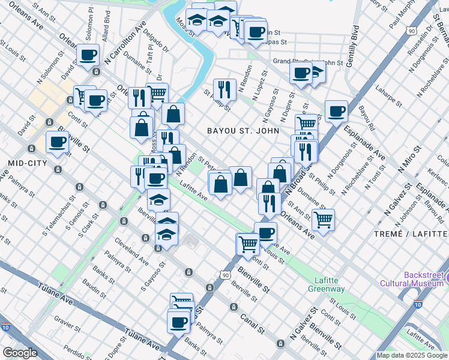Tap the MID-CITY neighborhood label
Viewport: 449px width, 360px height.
[24, 163]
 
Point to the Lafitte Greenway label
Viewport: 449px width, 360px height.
[330, 284]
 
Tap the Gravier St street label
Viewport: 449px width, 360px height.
[69, 324]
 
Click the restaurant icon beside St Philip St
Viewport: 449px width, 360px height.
[224, 89]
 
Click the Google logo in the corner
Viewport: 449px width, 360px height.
[19, 353]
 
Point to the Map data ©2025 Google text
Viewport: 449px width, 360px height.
[411, 355]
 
